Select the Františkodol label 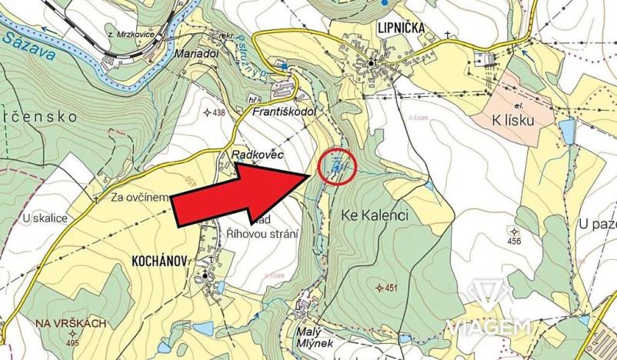[x=285, y=112]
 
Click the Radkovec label [x=258, y=156]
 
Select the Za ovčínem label [x=139, y=197]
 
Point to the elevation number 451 [x=386, y=288]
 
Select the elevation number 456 [x=513, y=241]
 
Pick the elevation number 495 [x=74, y=342]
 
